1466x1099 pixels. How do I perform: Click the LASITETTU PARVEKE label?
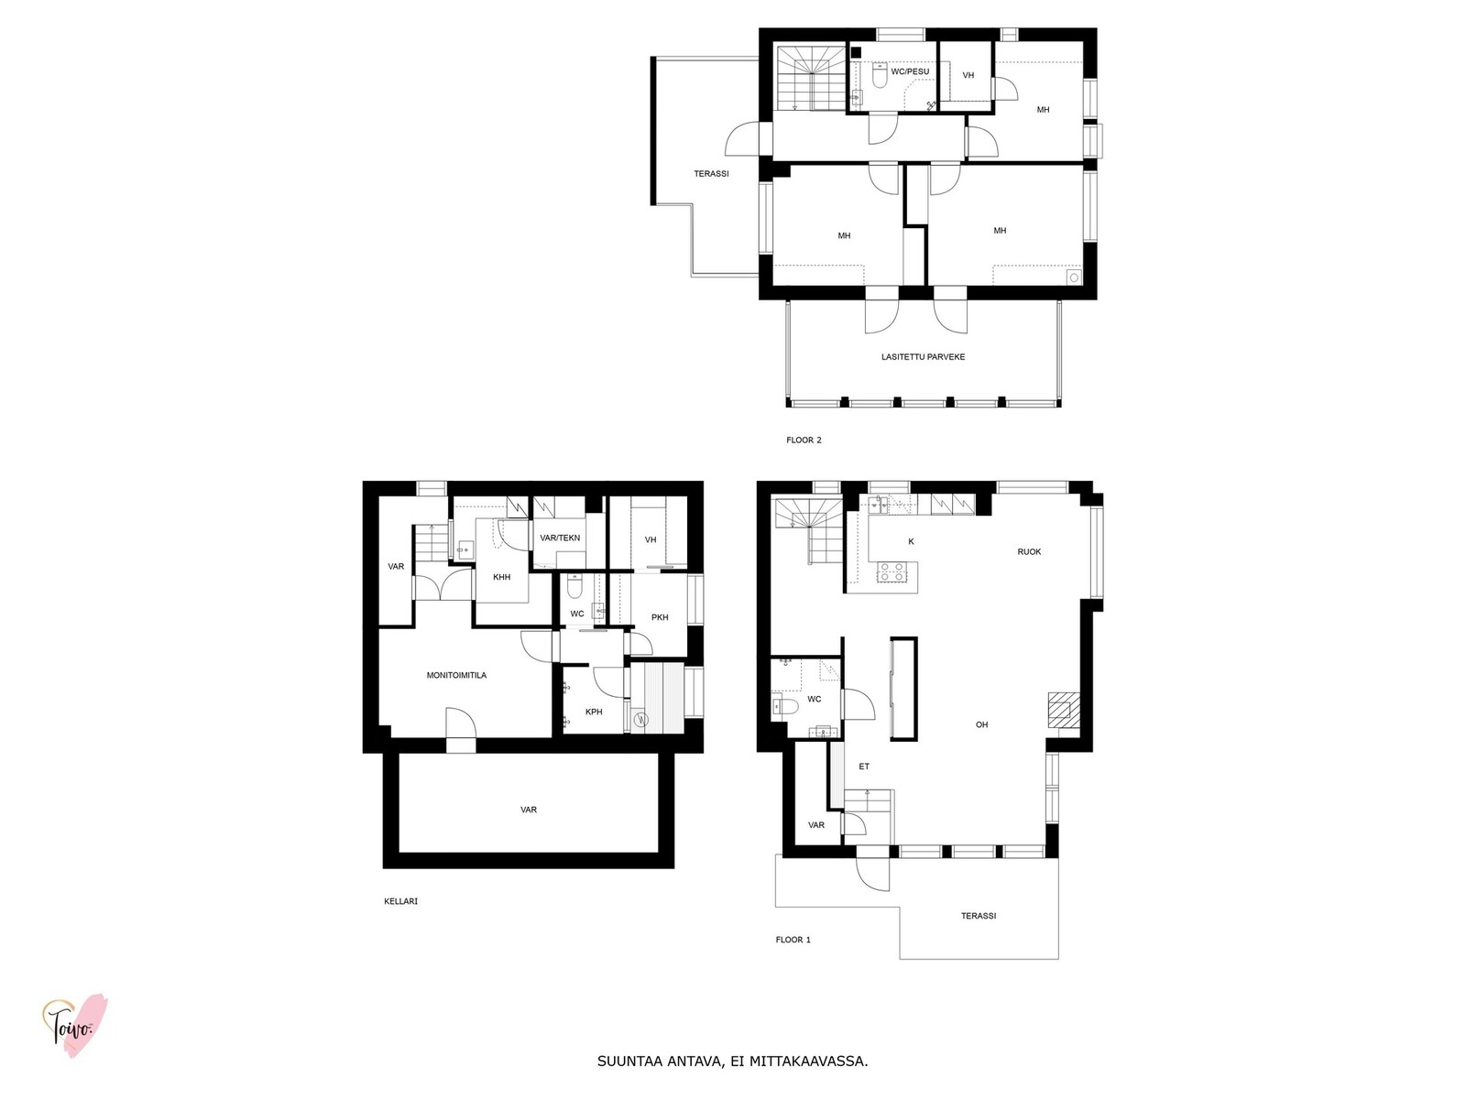click(x=923, y=357)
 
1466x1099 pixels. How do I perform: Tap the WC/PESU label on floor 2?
click(x=910, y=71)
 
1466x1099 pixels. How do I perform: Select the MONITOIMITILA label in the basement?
click(x=456, y=675)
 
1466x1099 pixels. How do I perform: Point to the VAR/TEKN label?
click(x=560, y=538)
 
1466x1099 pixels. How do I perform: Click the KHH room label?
click(x=501, y=577)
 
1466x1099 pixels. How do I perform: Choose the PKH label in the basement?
click(x=660, y=617)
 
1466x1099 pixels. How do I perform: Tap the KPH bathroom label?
click(x=594, y=712)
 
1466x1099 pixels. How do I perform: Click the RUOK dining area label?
click(x=1029, y=552)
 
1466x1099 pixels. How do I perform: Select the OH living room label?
click(x=982, y=724)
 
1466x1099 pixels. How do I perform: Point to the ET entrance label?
click(x=864, y=767)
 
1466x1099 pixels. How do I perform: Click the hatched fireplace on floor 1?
click(x=1062, y=710)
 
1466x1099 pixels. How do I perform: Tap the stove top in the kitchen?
click(x=892, y=571)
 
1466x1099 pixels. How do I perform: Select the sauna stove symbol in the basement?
click(x=641, y=719)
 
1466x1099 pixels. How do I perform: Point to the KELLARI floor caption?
click(x=400, y=901)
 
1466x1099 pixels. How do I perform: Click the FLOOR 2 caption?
click(x=804, y=441)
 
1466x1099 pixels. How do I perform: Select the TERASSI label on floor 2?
click(x=711, y=174)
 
